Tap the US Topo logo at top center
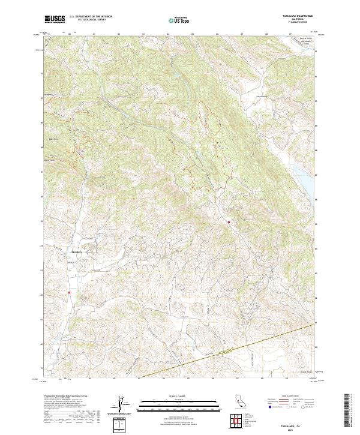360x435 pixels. [178, 20]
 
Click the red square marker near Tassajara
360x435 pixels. [70, 293]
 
